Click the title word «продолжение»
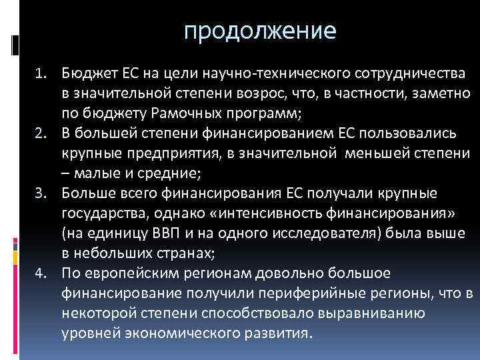tap(261, 31)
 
